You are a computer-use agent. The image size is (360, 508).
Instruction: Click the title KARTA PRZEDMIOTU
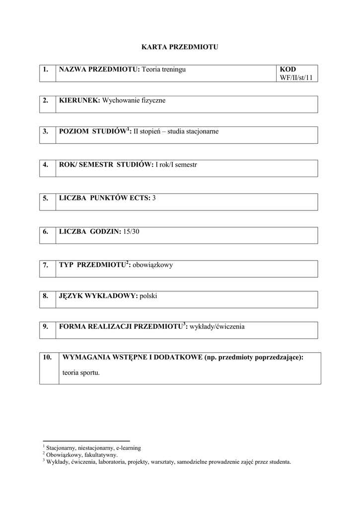[180, 47]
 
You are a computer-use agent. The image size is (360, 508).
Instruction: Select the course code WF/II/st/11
[296, 77]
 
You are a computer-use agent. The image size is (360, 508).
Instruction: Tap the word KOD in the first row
[288, 69]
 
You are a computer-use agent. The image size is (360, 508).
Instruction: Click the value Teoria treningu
[163, 69]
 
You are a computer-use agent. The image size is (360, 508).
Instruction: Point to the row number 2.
[46, 101]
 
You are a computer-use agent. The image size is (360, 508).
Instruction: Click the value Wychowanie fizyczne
[134, 101]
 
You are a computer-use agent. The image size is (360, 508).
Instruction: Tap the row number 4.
[46, 164]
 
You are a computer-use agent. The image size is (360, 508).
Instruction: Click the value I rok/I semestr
[176, 164]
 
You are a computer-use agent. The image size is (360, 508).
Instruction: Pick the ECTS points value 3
[154, 198]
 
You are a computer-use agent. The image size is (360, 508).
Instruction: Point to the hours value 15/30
[132, 232]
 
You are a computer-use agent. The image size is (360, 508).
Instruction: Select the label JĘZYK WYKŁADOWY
[98, 296]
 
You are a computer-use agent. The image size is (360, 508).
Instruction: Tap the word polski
[148, 296]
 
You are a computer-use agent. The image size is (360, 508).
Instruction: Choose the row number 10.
[48, 357]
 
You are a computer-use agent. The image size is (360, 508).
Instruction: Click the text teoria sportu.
[81, 372]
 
